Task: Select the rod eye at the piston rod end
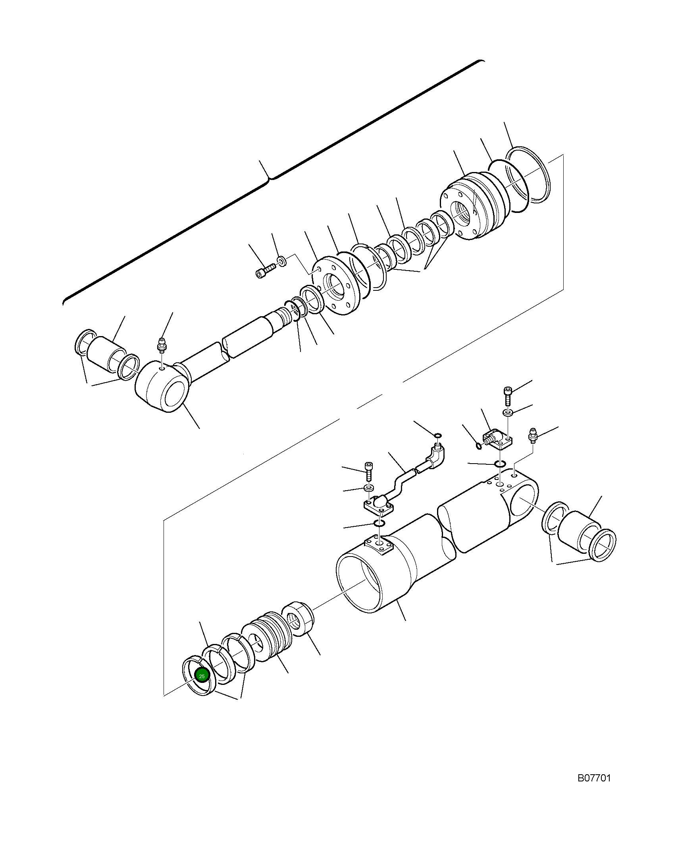click(161, 387)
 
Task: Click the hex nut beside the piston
click(298, 621)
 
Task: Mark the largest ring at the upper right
click(528, 175)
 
